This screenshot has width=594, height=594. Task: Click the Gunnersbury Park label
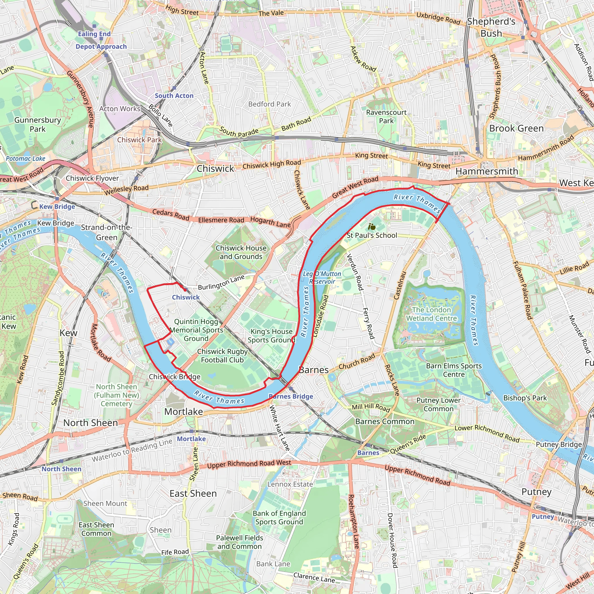coord(37,124)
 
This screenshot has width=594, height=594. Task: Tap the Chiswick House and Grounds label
coord(241,252)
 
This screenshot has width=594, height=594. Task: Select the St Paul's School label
coord(372,236)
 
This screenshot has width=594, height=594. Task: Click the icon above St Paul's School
coord(372,227)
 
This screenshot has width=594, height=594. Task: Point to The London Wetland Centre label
coord(431,314)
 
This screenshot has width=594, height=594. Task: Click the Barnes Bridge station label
coord(291,396)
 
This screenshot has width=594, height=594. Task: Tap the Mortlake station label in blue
coord(191,439)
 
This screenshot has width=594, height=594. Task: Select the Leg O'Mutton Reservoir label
coord(322,277)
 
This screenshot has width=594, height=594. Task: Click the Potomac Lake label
coord(26,159)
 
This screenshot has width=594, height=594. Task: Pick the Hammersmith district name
coord(486,171)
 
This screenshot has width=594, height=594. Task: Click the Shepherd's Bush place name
coord(491,27)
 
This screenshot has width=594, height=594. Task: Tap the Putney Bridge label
coord(559,444)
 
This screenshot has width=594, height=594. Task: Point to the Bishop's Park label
coord(525,398)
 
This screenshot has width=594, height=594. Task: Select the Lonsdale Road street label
coord(320,316)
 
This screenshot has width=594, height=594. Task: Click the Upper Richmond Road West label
coord(249,464)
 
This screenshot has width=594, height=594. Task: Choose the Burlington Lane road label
coord(221,282)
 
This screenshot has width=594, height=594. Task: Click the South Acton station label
coord(174,96)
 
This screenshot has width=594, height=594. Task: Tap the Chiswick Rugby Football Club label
coord(222,355)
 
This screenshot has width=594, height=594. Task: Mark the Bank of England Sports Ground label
coord(279,517)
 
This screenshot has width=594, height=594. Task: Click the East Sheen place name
coord(193,493)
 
